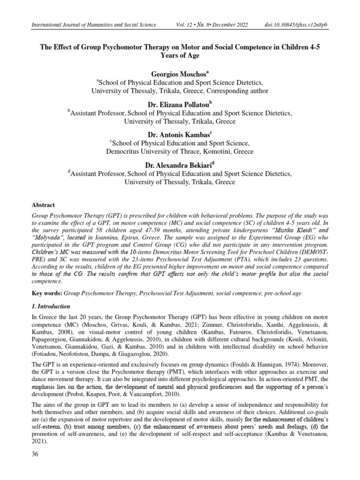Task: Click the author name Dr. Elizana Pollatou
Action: (x=180, y=105)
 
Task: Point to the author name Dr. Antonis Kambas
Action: (x=180, y=135)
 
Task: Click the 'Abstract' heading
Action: (x=43, y=205)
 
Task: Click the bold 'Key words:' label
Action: (x=46, y=293)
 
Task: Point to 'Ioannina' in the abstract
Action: (x=115, y=239)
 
